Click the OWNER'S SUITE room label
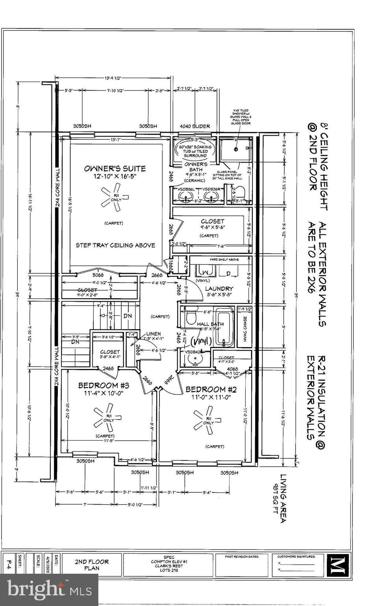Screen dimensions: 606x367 pyautogui.click(x=115, y=168)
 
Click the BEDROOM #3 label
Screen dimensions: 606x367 pyautogui.click(x=104, y=385)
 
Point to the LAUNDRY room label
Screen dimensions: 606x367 pyautogui.click(x=219, y=289)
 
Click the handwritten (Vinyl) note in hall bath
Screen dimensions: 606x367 pyautogui.click(x=202, y=340)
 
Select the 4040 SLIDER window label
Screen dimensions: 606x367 pyautogui.click(x=195, y=126)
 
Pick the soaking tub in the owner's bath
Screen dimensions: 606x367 pyautogui.click(x=195, y=151)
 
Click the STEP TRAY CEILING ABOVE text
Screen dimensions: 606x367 pyautogui.click(x=115, y=245)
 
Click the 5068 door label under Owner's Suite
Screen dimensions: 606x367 pyautogui.click(x=98, y=275)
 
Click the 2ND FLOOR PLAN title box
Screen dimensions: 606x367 pyautogui.click(x=92, y=565)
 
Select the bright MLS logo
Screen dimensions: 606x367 pyautogui.click(x=49, y=590)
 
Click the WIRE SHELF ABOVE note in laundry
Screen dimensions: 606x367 pyautogui.click(x=224, y=260)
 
